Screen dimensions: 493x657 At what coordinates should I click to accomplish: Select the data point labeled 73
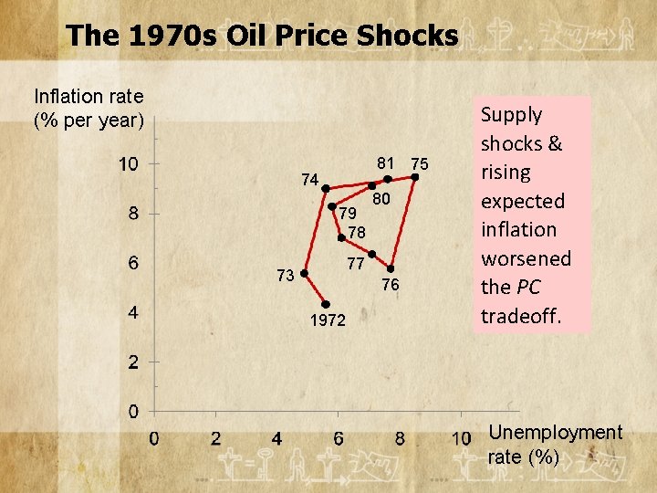(x=304, y=272)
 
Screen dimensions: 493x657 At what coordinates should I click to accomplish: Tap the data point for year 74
(x=325, y=188)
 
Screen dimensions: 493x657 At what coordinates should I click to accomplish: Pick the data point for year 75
(x=413, y=179)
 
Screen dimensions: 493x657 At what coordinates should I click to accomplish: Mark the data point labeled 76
(x=390, y=268)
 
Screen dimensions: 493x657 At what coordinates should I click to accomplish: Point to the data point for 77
(x=372, y=254)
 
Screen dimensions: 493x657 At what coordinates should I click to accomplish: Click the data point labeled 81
(x=387, y=179)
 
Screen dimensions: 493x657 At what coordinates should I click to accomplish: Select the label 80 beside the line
(x=381, y=199)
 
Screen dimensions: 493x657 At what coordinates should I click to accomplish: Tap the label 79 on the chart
(x=348, y=214)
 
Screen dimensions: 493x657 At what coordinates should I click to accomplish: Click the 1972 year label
(x=327, y=321)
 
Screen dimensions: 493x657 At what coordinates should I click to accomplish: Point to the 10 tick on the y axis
(x=129, y=164)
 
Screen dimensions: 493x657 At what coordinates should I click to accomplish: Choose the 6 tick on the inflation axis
(x=133, y=263)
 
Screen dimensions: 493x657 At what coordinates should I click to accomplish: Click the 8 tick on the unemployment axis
(x=400, y=438)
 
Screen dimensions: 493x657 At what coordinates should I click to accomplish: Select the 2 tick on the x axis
(x=215, y=438)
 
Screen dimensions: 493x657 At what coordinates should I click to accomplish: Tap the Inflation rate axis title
(x=89, y=108)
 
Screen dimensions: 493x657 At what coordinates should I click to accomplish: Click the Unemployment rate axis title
(x=556, y=445)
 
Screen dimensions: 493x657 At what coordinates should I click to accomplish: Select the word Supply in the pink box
(x=512, y=115)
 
